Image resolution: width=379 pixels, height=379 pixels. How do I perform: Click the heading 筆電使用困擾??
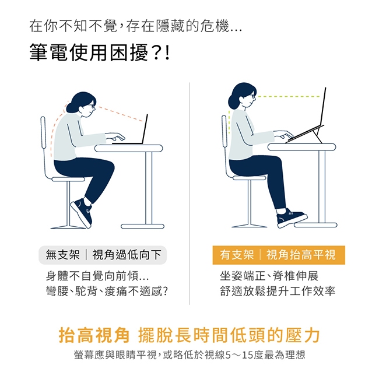pyautogui.click(x=100, y=52)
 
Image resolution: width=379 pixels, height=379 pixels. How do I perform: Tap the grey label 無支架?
pyautogui.click(x=62, y=255)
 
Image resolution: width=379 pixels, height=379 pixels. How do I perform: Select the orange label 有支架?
pyautogui.click(x=237, y=255)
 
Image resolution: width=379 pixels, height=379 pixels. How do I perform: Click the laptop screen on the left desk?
pyautogui.click(x=145, y=129)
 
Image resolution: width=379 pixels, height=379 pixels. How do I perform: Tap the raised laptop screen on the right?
pyautogui.click(x=322, y=107)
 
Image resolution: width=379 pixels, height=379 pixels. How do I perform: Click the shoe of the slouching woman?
pyautogui.click(x=82, y=213)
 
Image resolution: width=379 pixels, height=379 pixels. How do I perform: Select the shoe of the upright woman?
pyautogui.click(x=292, y=217)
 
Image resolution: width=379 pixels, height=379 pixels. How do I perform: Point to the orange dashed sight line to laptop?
pyautogui.click(x=121, y=114)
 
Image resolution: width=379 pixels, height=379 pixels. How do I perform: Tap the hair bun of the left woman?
pyautogui.click(x=71, y=107)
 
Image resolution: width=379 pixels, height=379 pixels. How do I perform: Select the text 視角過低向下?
pyautogui.click(x=127, y=255)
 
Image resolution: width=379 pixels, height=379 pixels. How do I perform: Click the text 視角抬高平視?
pyautogui.click(x=301, y=255)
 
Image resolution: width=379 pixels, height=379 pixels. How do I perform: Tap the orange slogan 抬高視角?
pyautogui.click(x=94, y=335)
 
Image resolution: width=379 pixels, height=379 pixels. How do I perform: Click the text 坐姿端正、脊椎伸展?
pyautogui.click(x=269, y=276)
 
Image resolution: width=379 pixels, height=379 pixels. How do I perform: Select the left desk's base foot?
pyautogui.click(x=143, y=226)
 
